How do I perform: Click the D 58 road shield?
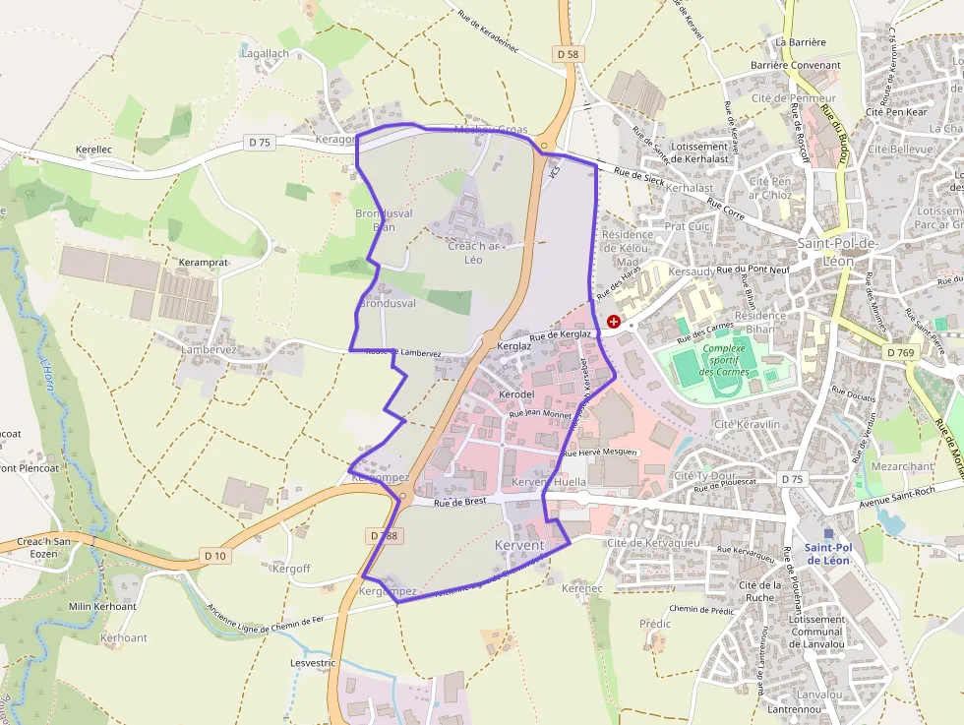(567, 54)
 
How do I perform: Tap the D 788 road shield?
(387, 536)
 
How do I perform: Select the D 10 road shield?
(215, 556)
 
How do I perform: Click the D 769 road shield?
(900, 352)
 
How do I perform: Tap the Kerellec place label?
(93, 151)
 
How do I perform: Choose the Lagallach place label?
(265, 52)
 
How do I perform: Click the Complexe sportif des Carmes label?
(725, 359)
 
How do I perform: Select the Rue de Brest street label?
(459, 502)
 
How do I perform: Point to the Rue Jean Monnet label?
(540, 414)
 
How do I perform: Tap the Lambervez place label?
(209, 349)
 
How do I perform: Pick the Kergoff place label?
(291, 569)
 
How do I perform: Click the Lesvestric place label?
(313, 663)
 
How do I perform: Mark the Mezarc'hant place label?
(901, 466)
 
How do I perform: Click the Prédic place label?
(654, 624)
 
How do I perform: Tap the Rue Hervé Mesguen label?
(600, 453)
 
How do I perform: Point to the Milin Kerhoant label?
(102, 606)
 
